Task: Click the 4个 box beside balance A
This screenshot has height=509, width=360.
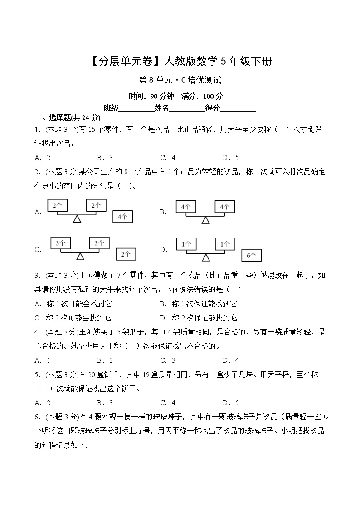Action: [x=122, y=217]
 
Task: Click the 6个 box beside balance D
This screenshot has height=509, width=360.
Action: [x=251, y=256]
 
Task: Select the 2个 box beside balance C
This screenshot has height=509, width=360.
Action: [x=126, y=255]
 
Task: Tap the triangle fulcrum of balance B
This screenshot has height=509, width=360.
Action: [x=205, y=220]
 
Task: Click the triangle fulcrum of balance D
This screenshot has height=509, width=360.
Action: [x=206, y=257]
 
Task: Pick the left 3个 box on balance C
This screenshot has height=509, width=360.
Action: [x=60, y=243]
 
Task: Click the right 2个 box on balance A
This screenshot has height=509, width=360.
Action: [x=96, y=205]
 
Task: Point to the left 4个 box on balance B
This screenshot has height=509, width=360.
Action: [x=186, y=207]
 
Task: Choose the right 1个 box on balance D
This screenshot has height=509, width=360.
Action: [x=225, y=244]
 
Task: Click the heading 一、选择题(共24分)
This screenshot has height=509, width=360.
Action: [x=67, y=118]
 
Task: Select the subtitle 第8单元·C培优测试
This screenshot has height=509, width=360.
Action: [x=180, y=81]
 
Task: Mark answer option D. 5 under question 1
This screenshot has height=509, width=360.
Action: [x=230, y=158]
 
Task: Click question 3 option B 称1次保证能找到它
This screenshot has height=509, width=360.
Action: [x=198, y=304]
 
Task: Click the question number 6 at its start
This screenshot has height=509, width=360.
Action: [x=37, y=417]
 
